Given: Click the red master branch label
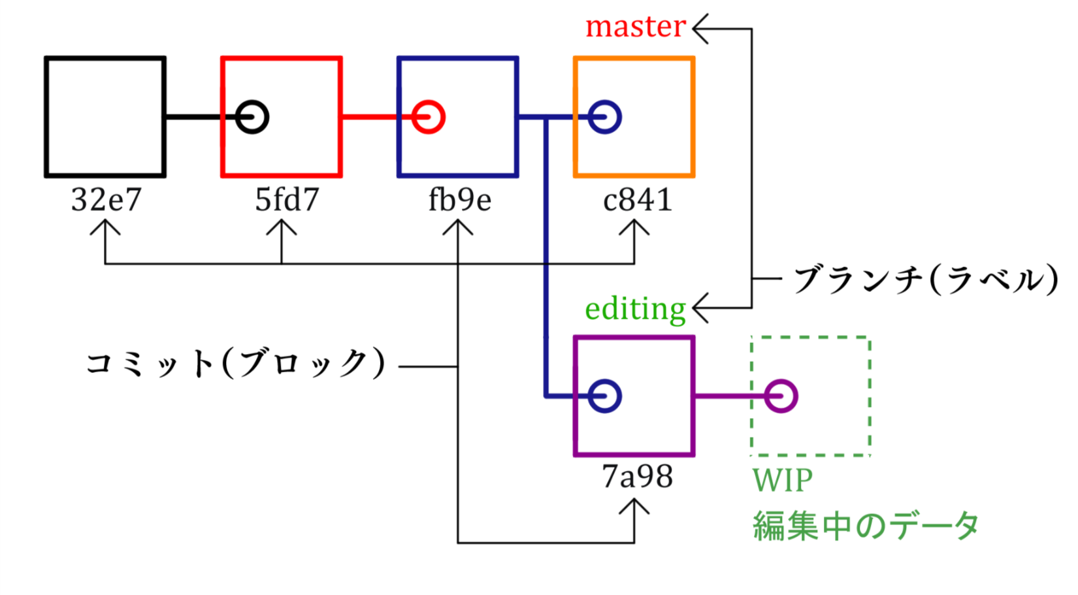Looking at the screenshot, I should pos(635,27).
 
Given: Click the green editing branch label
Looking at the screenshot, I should pos(635,308).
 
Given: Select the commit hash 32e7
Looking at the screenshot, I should pos(106,199).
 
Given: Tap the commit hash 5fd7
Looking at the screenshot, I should pos(286,199).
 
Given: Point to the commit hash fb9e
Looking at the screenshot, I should pos(459,199).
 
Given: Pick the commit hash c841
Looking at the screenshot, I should pos(637,199).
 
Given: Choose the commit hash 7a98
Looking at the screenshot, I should pos(637,477).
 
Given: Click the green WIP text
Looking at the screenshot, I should pos(782,481).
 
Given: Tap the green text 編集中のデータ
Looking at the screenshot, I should pos(866,526).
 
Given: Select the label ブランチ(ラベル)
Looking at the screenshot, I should pos(925,280).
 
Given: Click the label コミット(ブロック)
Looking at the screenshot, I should pos(235,364).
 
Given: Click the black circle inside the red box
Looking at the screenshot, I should pos(252,118).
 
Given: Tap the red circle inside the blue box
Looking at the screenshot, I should pos(429,118).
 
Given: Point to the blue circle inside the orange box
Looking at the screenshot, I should pos(604,118).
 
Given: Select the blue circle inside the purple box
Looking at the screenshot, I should pos(604,396).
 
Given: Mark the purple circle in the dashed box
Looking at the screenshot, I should pos(781,396).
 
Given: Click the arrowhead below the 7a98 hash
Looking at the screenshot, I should pos(634,506).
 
